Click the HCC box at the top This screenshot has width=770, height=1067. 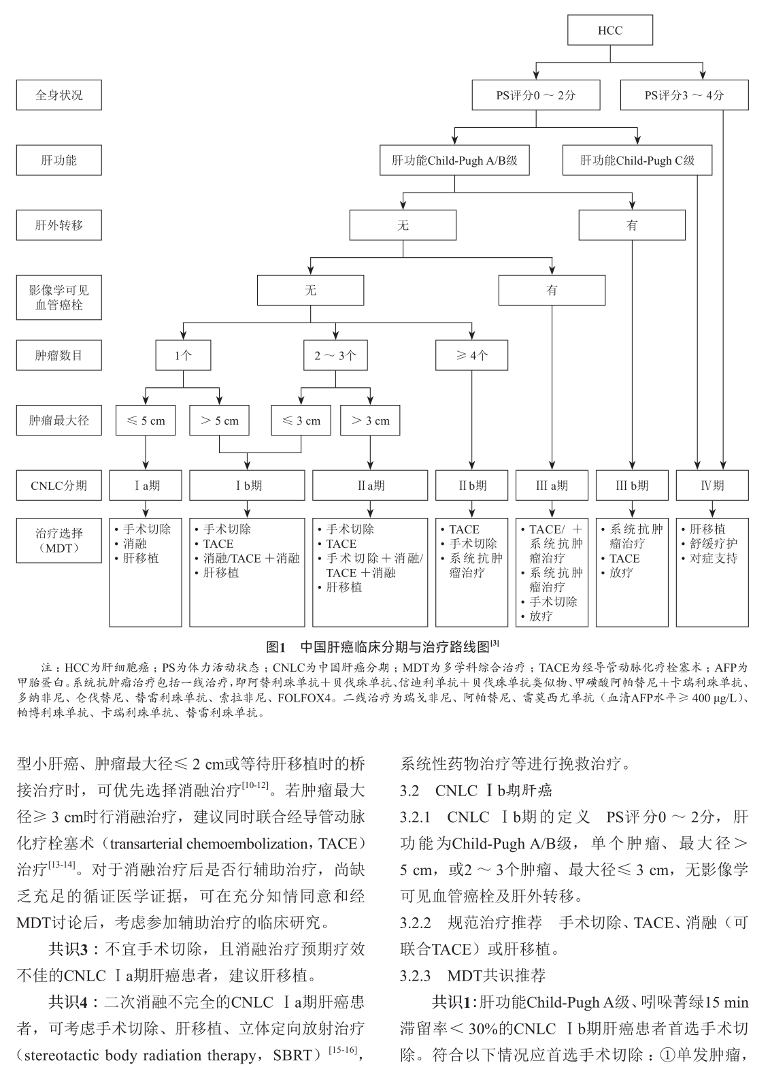(x=609, y=31)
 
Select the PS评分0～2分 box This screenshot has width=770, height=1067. (x=535, y=95)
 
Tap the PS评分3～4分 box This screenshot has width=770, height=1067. (x=684, y=95)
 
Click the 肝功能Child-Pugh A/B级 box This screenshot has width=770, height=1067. (x=455, y=161)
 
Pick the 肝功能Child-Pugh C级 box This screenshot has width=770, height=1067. (x=637, y=161)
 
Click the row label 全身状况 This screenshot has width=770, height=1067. (x=59, y=95)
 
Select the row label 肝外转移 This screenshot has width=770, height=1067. (x=59, y=225)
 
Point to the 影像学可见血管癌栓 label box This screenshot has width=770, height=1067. (x=59, y=297)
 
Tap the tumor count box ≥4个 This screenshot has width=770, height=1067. (x=472, y=355)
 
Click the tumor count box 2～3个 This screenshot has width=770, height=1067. (x=335, y=355)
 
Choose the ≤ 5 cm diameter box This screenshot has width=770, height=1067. (x=146, y=421)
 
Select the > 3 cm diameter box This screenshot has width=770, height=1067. (x=370, y=421)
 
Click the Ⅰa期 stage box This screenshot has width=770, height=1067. (x=146, y=486)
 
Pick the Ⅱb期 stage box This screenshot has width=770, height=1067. (x=472, y=486)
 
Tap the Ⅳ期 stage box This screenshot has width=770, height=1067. (x=712, y=486)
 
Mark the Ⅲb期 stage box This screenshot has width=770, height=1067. (x=632, y=486)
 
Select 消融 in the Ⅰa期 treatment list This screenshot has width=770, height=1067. (x=135, y=544)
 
